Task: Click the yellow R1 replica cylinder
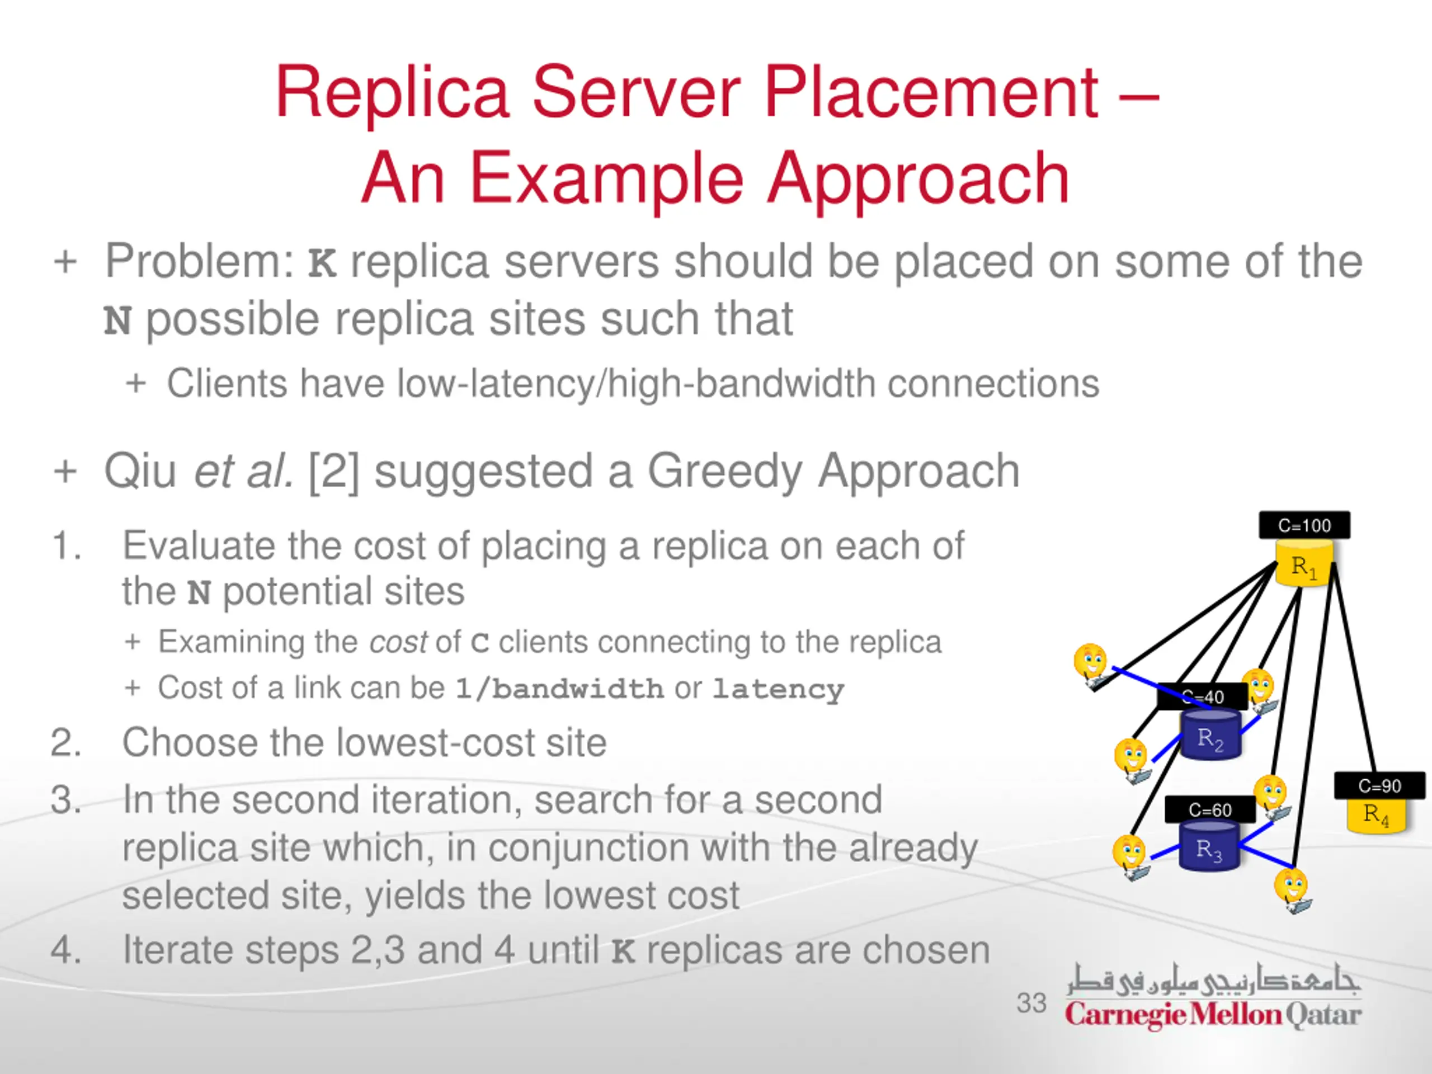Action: coord(1304,565)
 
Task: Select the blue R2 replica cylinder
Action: coord(1210,736)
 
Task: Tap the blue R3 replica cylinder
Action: coord(1209,847)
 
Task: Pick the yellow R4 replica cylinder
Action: coord(1376,814)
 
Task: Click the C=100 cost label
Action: coord(1304,525)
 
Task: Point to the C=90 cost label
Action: coord(1379,785)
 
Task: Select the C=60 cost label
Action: coord(1209,809)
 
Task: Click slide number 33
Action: coord(1031,1003)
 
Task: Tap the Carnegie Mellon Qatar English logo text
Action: coord(1213,1015)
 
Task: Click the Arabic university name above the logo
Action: coord(1213,979)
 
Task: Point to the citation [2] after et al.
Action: coord(333,472)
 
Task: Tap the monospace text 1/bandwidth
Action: coord(559,688)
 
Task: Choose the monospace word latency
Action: coord(778,688)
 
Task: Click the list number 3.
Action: coord(65,800)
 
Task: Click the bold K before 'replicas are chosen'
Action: coord(623,951)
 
